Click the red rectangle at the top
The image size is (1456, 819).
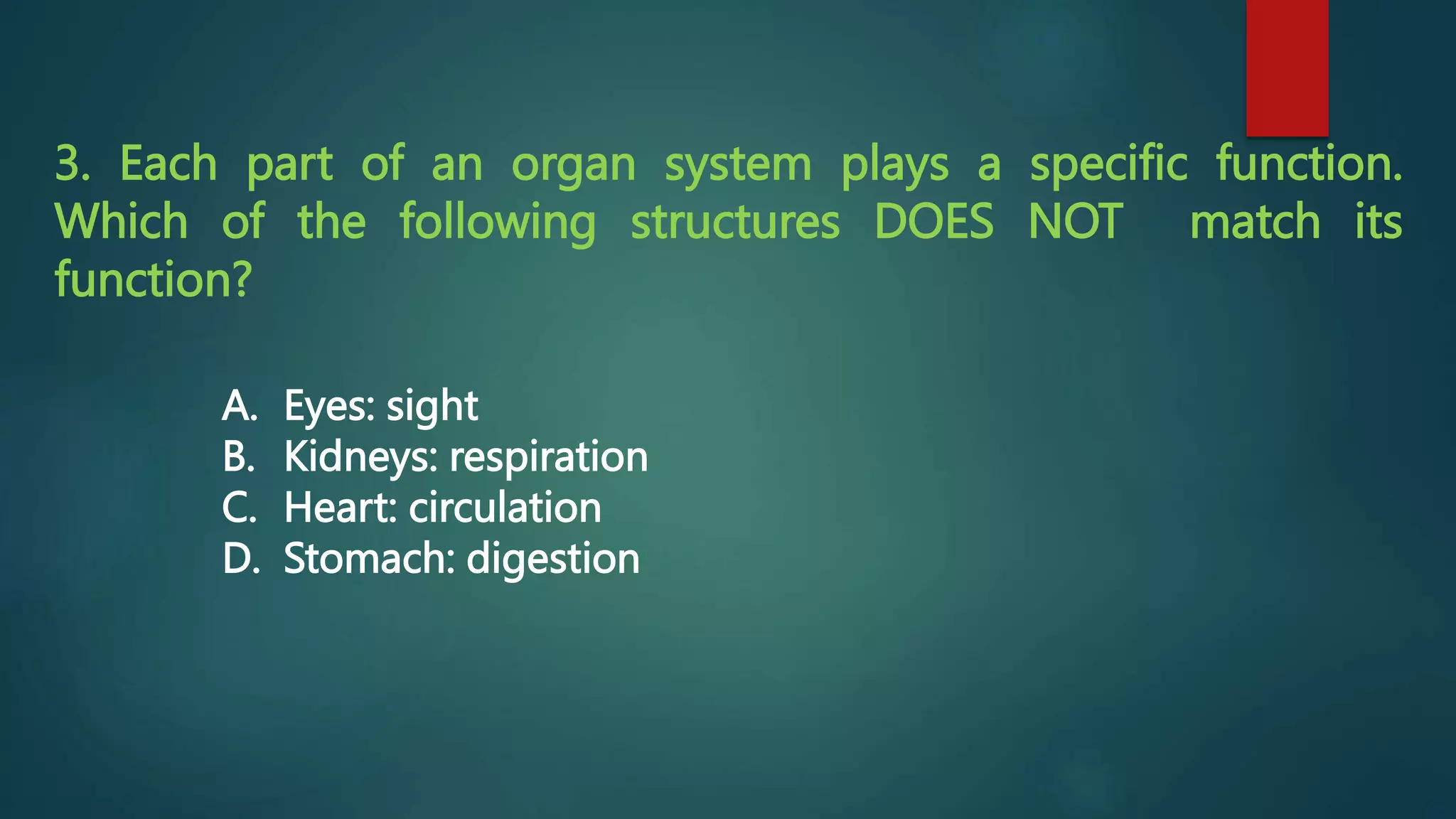pyautogui.click(x=1287, y=68)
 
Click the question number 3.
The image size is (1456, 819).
pyautogui.click(x=71, y=164)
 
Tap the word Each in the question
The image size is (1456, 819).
pyautogui.click(x=168, y=164)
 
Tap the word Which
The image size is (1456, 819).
pyautogui.click(x=121, y=222)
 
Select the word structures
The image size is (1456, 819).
pyautogui.click(x=734, y=222)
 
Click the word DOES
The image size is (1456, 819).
pyautogui.click(x=933, y=222)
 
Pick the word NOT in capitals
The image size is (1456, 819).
pyautogui.click(x=1075, y=222)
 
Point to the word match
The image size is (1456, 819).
pyautogui.click(x=1255, y=222)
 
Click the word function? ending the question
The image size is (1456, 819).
pyautogui.click(x=153, y=279)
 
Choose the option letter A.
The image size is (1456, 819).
pyautogui.click(x=238, y=406)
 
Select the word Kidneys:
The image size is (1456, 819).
pyautogui.click(x=360, y=457)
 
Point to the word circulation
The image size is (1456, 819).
pyautogui.click(x=505, y=508)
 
